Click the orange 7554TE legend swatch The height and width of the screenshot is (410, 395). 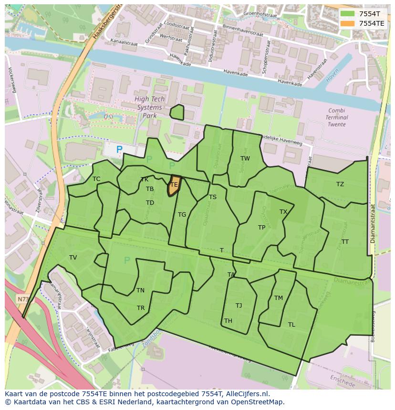point(348,23)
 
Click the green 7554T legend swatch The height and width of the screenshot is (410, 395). point(348,14)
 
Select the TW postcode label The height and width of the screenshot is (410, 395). point(245,159)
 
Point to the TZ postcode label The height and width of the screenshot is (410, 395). point(340,184)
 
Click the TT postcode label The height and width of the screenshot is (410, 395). point(345,242)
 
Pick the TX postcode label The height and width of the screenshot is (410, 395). point(283,212)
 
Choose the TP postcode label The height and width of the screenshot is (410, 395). point(261,228)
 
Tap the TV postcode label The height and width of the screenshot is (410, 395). point(73,258)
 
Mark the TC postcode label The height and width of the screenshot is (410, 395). point(96,179)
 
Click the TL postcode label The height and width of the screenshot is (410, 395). point(291,325)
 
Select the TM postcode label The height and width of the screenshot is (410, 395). point(279,298)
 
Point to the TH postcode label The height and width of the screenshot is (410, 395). point(228,321)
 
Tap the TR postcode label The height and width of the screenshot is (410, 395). point(141,308)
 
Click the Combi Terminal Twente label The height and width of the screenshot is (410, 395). point(337,117)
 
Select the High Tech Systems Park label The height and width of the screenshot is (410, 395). point(149,107)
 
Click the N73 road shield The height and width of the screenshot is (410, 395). point(22,299)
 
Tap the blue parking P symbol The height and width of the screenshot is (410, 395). point(119,150)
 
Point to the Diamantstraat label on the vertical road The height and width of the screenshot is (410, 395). point(373,223)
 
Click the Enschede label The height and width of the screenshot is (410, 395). point(342,381)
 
